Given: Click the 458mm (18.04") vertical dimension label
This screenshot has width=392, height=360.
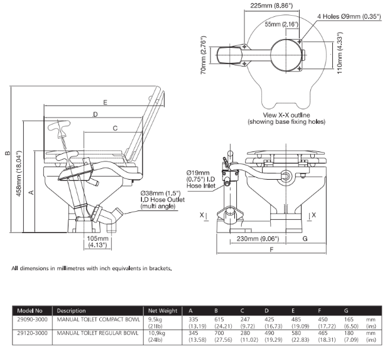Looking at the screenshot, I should pos(19,173).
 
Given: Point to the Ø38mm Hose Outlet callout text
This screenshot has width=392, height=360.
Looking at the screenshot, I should pos(161,200).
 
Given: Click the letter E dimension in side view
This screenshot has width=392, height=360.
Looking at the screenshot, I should pos(105,102).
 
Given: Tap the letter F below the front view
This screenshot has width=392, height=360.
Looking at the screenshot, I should pos(271,250).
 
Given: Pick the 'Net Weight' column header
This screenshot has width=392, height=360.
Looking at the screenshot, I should pos(161,310).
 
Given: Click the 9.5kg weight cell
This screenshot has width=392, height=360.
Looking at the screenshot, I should pos(155,319).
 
